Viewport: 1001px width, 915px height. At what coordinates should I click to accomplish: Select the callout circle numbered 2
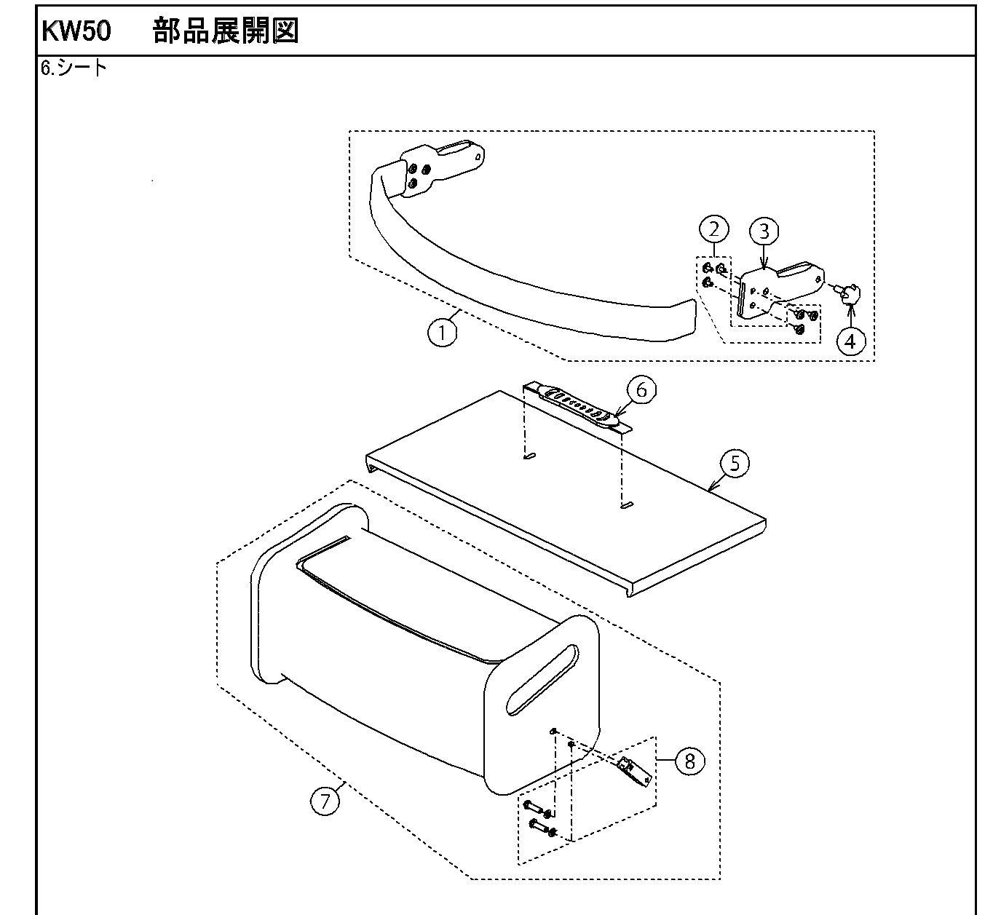(713, 229)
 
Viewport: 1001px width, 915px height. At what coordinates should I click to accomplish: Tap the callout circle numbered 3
(764, 231)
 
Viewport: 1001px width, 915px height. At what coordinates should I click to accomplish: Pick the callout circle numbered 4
(850, 340)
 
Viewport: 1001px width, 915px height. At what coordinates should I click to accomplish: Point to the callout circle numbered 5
(735, 464)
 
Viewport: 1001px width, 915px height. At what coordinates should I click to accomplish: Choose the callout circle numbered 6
(641, 390)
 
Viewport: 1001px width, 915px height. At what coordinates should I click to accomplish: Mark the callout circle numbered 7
(325, 801)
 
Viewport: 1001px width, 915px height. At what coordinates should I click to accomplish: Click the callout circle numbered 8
(690, 761)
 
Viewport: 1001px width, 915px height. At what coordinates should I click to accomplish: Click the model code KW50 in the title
(76, 31)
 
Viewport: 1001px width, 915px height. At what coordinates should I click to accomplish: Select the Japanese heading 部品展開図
(226, 31)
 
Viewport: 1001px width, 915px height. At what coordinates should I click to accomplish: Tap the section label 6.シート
(74, 68)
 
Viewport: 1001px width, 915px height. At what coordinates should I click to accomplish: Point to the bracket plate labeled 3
(772, 288)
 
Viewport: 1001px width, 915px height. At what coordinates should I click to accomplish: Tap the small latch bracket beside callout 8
(633, 771)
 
